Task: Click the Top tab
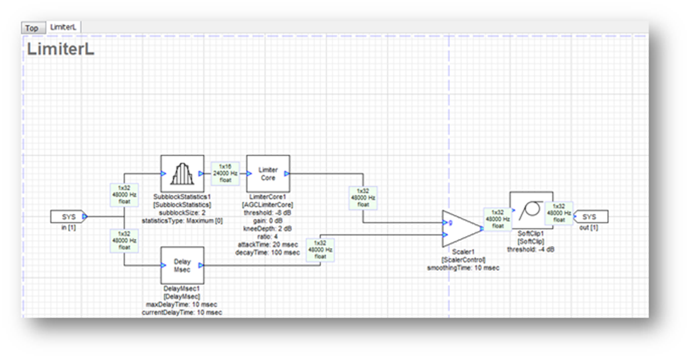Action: point(32,28)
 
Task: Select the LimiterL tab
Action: point(63,27)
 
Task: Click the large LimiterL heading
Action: point(60,50)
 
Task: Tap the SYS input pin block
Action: point(68,215)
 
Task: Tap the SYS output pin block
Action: point(590,215)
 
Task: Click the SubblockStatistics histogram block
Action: point(182,173)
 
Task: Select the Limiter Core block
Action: point(268,173)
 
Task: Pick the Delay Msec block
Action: point(182,264)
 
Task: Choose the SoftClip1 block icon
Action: point(531,210)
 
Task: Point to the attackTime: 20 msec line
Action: point(268,243)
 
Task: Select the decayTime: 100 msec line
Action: point(268,252)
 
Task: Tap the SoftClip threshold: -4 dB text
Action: point(531,250)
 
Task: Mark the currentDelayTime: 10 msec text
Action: point(182,313)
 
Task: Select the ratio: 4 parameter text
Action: point(268,235)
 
